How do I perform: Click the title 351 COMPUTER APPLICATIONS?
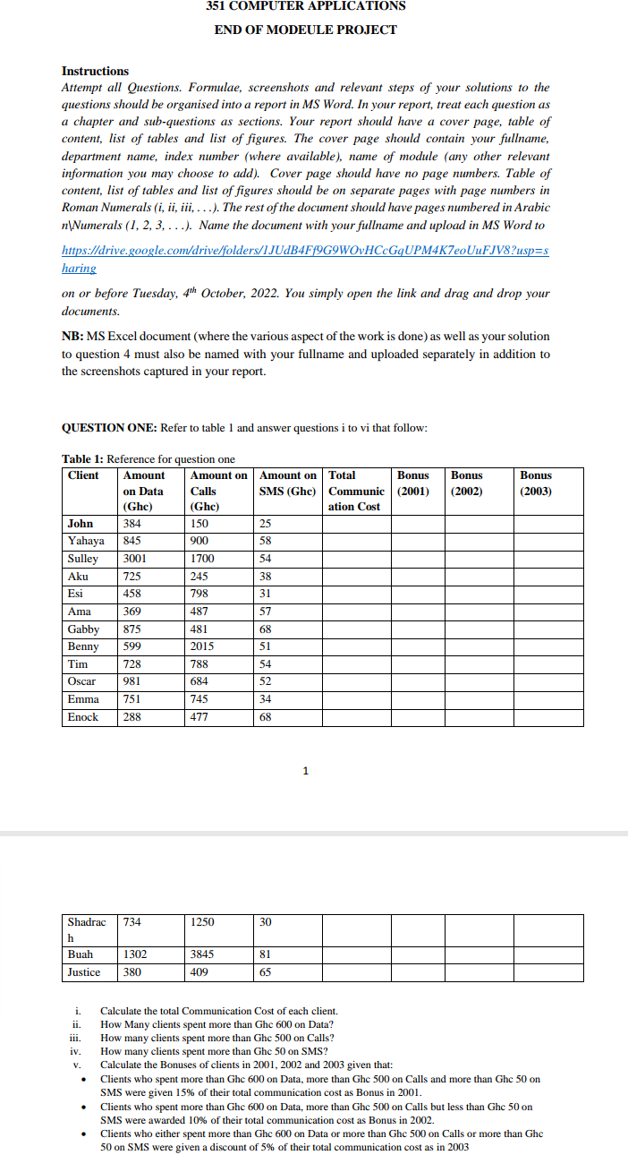(305, 6)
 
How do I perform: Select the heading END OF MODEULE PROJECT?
(305, 30)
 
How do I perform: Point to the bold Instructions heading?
(95, 71)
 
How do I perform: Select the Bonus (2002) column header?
(466, 483)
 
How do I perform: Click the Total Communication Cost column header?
(356, 491)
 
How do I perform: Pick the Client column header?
(83, 475)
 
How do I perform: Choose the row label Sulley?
(83, 559)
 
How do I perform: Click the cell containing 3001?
(135, 559)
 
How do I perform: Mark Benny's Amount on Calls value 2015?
(202, 646)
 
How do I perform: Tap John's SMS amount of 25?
(265, 524)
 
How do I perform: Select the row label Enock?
(84, 717)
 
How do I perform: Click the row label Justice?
(84, 972)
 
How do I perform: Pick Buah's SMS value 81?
(265, 954)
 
